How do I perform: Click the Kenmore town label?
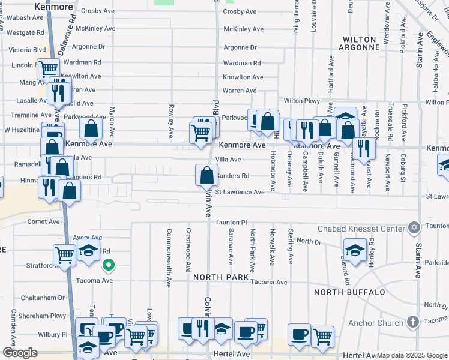pos(54,7)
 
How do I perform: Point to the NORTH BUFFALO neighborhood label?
pos(349,292)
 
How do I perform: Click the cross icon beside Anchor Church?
pos(412,322)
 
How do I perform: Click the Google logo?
pos(20,353)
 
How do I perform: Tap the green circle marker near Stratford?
pos(109,265)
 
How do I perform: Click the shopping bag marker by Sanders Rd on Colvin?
pos(206,175)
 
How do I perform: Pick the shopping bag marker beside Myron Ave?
pos(91,128)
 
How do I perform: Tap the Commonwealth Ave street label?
pos(170,250)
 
